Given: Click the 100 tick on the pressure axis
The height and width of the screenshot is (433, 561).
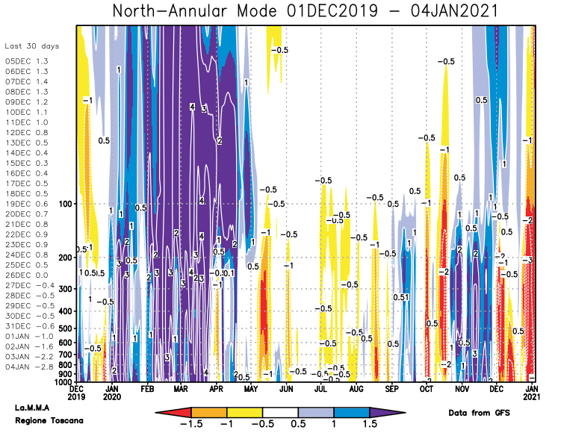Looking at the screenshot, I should (x=64, y=204).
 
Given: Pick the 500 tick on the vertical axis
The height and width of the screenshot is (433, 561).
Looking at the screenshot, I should (x=64, y=328).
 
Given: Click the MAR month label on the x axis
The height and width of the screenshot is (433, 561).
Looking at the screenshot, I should (x=181, y=389).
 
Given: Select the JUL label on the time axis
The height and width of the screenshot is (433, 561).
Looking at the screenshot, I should (x=320, y=389).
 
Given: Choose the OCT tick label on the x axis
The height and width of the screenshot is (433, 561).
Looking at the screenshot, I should (x=427, y=389).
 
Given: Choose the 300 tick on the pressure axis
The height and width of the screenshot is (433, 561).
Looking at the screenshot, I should (x=64, y=289).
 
